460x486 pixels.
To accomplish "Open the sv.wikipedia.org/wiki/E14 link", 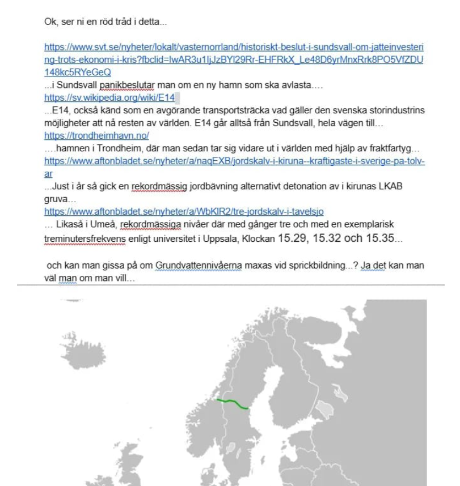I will (109, 97).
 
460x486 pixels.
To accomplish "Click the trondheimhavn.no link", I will (96, 136).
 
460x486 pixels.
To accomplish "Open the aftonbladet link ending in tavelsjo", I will (184, 212).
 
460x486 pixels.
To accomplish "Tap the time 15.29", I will (288, 238).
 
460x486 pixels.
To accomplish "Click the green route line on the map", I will (233, 403).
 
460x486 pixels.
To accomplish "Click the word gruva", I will (56, 199).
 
